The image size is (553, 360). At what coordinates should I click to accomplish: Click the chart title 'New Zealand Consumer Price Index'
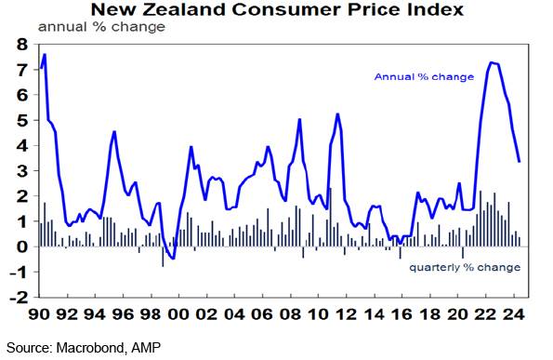(277, 9)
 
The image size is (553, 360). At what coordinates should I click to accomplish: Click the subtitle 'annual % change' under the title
(101, 27)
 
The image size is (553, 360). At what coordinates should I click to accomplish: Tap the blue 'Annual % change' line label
(424, 77)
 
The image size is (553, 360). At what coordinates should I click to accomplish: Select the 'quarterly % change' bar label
(465, 268)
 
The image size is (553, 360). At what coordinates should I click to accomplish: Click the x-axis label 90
(39, 313)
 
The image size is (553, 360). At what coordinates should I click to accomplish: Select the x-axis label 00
(178, 313)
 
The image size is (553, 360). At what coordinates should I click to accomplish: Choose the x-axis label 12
(346, 313)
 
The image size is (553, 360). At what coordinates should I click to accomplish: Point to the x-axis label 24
(513, 313)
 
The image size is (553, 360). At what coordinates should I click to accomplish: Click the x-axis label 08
(290, 313)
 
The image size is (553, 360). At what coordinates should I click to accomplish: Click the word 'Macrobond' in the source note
(90, 348)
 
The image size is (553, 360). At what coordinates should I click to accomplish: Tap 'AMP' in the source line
(146, 348)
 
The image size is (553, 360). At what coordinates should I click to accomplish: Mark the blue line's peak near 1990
(45, 54)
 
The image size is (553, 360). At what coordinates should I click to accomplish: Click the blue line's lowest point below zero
(173, 259)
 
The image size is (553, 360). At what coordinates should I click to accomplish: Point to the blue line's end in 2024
(520, 162)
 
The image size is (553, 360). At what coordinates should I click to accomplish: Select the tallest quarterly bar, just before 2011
(331, 217)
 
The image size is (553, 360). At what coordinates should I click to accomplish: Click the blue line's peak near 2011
(337, 114)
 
